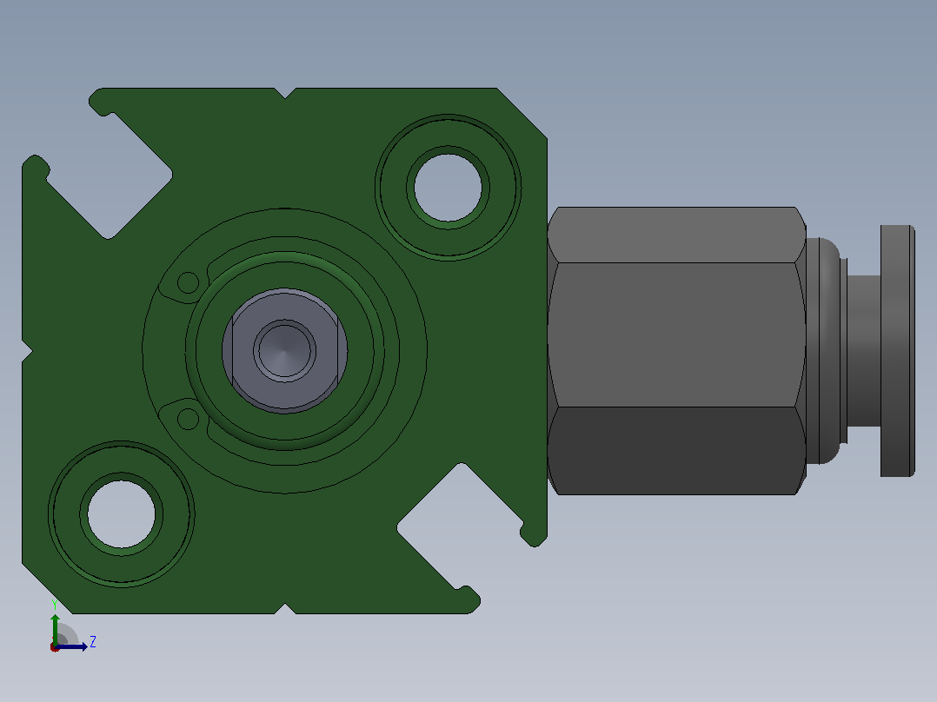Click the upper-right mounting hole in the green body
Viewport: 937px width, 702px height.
click(x=449, y=188)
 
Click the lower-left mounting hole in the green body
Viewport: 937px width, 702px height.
click(x=122, y=513)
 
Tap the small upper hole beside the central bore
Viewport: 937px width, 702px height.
click(x=189, y=282)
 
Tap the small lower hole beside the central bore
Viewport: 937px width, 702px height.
click(x=189, y=419)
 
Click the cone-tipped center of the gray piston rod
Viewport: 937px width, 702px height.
click(x=284, y=351)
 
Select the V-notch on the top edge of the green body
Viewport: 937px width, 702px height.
click(x=286, y=93)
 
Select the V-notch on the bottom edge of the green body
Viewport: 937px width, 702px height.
click(x=286, y=609)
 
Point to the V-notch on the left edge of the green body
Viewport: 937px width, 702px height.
click(x=27, y=351)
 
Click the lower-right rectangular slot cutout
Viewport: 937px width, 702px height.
click(x=460, y=526)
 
